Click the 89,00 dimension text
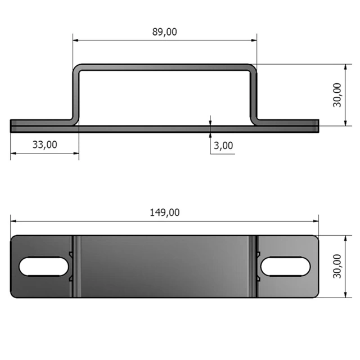[164, 32]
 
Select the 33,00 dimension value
[44, 145]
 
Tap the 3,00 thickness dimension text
[223, 146]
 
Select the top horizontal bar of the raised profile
[164, 67]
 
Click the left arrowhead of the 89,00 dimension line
[75, 40]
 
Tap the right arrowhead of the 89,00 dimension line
[254, 40]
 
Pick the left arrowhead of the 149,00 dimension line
[13, 221]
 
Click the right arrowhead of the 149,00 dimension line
[316, 221]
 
